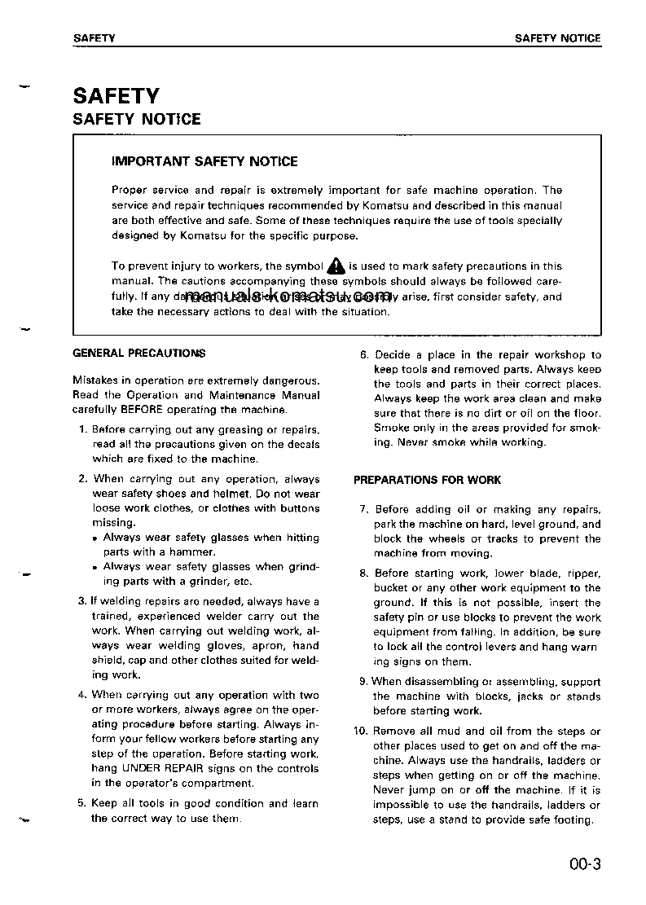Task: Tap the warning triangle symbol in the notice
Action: click(336, 266)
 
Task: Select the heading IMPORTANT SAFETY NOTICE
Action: click(204, 161)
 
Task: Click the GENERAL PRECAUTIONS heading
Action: click(139, 354)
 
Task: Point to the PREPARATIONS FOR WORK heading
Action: click(427, 480)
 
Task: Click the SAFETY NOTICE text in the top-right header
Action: click(558, 38)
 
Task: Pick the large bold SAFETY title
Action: click(116, 96)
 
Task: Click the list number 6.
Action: click(364, 355)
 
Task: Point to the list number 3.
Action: click(82, 602)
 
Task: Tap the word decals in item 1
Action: click(302, 445)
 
